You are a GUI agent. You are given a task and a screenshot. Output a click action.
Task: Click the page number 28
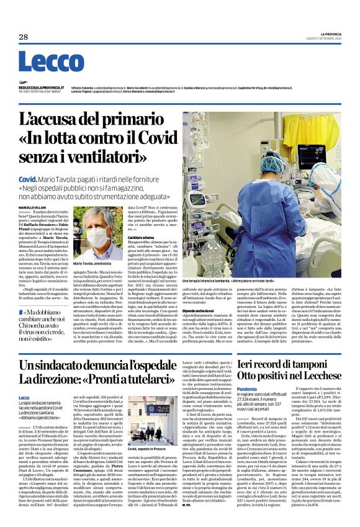pyautogui.click(x=23, y=37)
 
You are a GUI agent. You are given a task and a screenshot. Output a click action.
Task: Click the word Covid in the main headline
pyautogui.click(x=136, y=137)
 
